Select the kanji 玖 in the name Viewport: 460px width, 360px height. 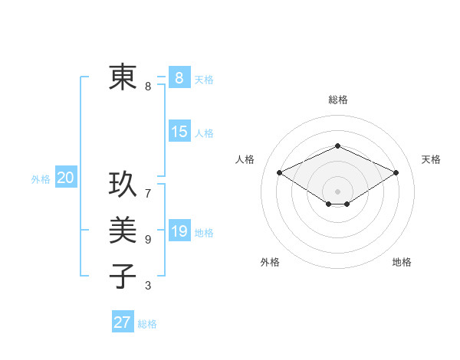tap(123, 184)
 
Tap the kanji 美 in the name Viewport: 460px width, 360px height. tap(123, 230)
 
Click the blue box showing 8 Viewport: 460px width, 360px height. tap(179, 77)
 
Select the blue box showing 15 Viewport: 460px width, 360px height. tap(179, 132)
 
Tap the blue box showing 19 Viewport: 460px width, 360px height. tap(179, 231)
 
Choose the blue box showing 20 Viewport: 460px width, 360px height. tap(65, 178)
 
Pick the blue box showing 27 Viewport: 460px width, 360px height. tap(123, 322)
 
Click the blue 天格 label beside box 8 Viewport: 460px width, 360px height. tap(204, 79)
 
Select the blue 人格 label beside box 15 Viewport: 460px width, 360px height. tap(204, 133)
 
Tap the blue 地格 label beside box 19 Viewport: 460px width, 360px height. tap(204, 233)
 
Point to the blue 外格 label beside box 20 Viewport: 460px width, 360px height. tap(41, 179)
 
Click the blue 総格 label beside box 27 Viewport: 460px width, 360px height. tap(147, 324)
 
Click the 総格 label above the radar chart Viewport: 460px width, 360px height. tap(337, 100)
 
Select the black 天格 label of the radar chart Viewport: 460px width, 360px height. tap(431, 159)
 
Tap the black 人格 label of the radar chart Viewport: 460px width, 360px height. tap(245, 159)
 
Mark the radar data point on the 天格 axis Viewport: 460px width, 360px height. tap(396, 173)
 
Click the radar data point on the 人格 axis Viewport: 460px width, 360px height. tap(280, 173)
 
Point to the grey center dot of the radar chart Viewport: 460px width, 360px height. tap(337, 191)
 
